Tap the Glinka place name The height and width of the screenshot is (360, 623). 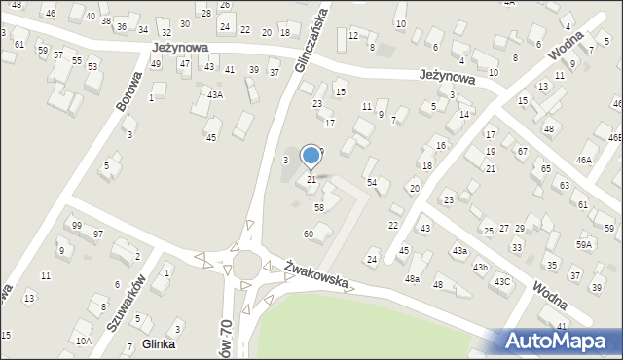(159, 343)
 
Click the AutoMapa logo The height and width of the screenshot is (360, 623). (560, 341)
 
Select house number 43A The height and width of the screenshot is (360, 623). (215, 94)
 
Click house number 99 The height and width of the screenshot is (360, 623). (77, 226)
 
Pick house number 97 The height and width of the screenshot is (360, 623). (98, 234)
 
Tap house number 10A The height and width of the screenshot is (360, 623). (85, 341)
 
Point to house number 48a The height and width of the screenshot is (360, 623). (413, 279)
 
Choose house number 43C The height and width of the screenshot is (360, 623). (501, 281)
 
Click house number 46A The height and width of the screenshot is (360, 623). (584, 161)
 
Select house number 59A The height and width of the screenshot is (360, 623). (583, 245)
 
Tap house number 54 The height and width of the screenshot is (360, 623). (371, 183)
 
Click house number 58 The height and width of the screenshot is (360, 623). (318, 207)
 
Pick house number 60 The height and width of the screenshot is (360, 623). (308, 234)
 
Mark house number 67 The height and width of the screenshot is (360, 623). (522, 152)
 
